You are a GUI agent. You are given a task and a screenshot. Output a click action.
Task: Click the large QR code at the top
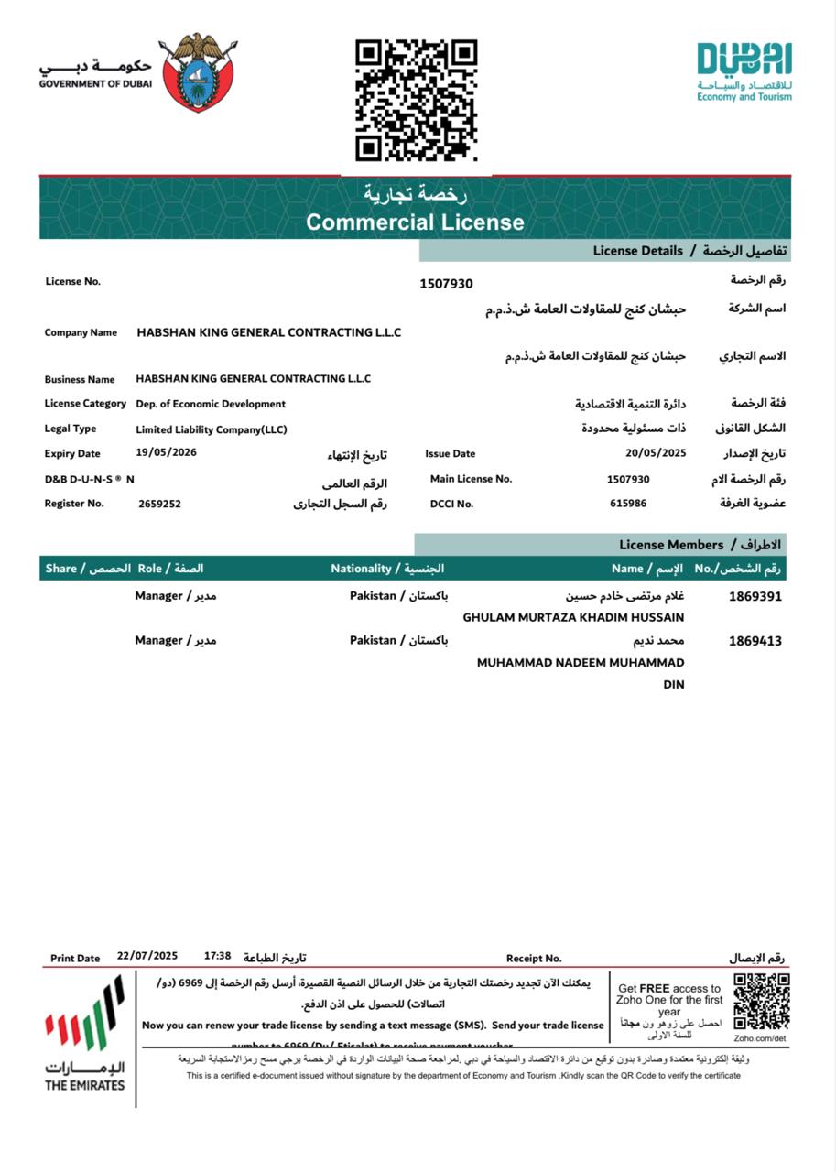coord(417,100)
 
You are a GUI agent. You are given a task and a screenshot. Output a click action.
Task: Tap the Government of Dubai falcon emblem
coord(198,72)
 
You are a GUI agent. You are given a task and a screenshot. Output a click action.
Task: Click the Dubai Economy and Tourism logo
coord(744,71)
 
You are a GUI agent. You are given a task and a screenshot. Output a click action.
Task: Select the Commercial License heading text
coord(415,222)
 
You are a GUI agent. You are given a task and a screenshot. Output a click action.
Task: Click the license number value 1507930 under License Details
coord(446,284)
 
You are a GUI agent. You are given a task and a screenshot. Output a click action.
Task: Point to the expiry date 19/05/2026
coord(166,452)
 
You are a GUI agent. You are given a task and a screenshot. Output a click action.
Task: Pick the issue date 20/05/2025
coord(656,452)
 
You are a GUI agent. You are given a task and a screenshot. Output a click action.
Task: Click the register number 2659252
coord(159,504)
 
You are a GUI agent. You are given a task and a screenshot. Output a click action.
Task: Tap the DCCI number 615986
coord(628,503)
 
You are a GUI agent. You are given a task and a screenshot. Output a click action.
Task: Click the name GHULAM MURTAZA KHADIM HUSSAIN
coord(573,618)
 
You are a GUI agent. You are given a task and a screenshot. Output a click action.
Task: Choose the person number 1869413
coord(755,641)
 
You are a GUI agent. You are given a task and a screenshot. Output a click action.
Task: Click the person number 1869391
coord(755,596)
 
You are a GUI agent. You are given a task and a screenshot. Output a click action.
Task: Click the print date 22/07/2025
coord(147,956)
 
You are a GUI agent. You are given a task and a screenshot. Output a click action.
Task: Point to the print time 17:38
coord(218,956)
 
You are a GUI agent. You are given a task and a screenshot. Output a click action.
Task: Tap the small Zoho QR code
coord(761,1002)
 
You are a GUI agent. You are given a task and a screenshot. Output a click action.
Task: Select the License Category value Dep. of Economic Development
coord(211,404)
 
